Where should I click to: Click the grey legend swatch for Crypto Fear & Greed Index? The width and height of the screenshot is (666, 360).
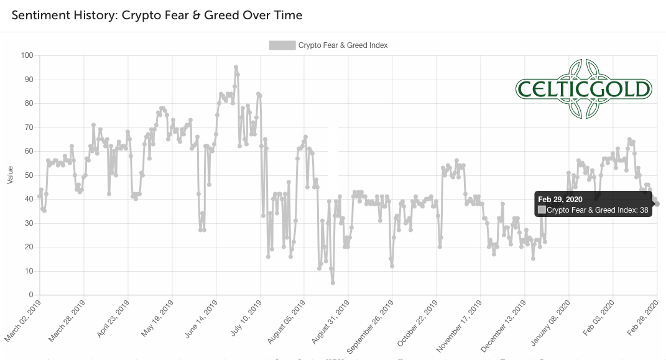(x=282, y=45)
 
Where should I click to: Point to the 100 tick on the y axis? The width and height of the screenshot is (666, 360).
(x=26, y=55)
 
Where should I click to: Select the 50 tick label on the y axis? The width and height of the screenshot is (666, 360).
(x=28, y=175)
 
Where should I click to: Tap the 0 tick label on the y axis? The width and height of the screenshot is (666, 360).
(x=30, y=295)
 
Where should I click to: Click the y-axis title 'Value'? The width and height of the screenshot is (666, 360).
(x=10, y=175)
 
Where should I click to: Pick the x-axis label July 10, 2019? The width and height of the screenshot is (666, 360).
(x=246, y=318)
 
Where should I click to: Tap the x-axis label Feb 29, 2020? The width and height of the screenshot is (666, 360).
(x=644, y=318)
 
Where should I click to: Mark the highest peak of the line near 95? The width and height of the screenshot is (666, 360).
(x=236, y=67)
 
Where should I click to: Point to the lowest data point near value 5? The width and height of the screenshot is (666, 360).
(x=333, y=283)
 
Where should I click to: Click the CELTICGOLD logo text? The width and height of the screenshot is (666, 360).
(x=583, y=89)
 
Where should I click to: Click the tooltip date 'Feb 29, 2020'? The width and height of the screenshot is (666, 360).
(x=561, y=199)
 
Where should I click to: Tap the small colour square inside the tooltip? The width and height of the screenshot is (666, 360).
(x=542, y=210)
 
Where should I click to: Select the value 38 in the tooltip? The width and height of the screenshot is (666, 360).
(x=644, y=210)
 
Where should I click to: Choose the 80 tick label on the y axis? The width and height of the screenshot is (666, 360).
(x=28, y=103)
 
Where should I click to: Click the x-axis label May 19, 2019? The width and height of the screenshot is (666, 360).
(x=158, y=318)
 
